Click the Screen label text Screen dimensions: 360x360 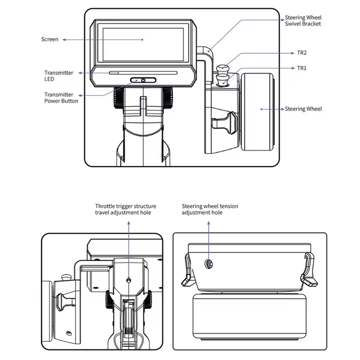(50, 39)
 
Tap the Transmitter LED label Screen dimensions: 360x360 (59, 76)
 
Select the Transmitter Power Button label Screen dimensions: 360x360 (61, 98)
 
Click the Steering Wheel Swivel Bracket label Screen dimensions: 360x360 (303, 20)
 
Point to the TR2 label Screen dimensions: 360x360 (302, 53)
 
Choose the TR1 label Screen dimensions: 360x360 (302, 68)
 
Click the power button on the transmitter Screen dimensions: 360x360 (143, 80)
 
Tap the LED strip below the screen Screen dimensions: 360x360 (143, 73)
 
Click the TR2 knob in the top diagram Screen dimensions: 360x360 (223, 69)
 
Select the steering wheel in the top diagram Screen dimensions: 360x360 (257, 112)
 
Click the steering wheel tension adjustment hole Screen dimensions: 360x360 (209, 264)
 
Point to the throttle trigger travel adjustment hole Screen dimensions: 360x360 (129, 280)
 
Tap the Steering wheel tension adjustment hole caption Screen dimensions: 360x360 (210, 209)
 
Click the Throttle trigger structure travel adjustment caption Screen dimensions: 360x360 (126, 209)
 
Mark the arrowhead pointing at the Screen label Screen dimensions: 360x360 (64, 39)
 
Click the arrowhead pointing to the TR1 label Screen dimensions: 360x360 (293, 68)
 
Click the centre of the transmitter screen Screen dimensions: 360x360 (143, 44)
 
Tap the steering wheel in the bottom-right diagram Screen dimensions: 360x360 (250, 317)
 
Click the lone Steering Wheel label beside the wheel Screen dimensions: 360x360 (304, 109)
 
